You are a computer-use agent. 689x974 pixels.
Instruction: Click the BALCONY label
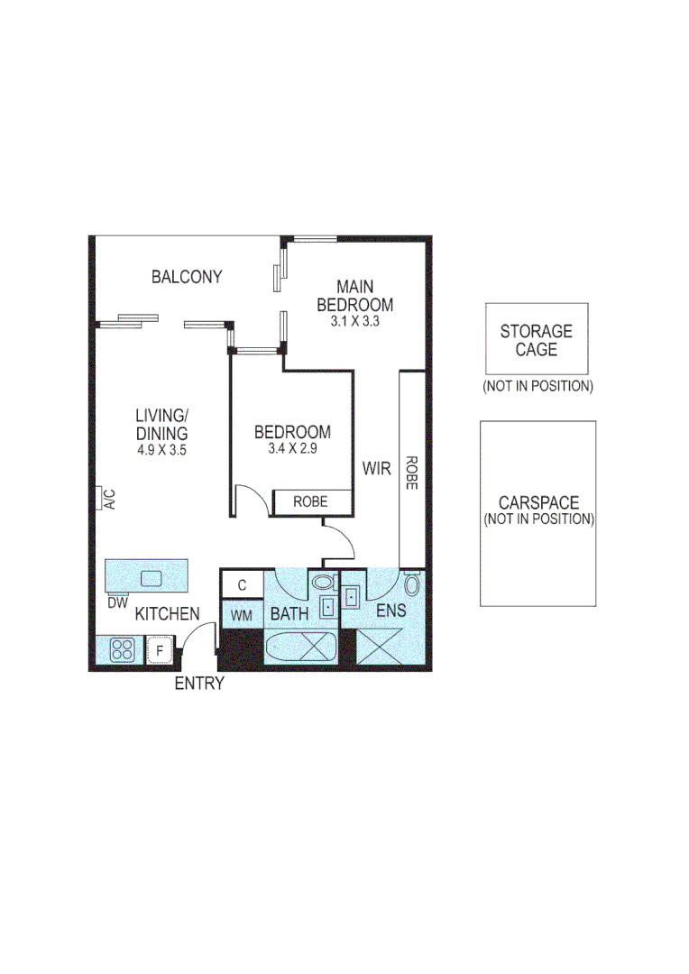pyautogui.click(x=187, y=277)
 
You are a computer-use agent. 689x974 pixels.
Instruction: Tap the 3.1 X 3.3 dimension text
pyautogui.click(x=354, y=319)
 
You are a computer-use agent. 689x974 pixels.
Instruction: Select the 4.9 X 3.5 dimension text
pyautogui.click(x=161, y=449)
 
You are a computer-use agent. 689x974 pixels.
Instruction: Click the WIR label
pyautogui.click(x=376, y=469)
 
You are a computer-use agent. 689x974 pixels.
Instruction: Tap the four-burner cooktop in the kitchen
pyautogui.click(x=122, y=649)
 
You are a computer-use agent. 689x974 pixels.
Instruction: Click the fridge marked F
pyautogui.click(x=159, y=649)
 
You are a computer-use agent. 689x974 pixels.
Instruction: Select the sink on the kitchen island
pyautogui.click(x=150, y=578)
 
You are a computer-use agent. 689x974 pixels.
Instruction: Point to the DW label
pyautogui.click(x=118, y=602)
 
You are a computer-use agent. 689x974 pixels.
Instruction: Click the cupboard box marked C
pyautogui.click(x=242, y=585)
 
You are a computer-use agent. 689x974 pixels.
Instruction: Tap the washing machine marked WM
pyautogui.click(x=242, y=615)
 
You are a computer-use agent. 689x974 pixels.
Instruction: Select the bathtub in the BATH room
pyautogui.click(x=301, y=648)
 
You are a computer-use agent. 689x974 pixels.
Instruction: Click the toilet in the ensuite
pyautogui.click(x=412, y=586)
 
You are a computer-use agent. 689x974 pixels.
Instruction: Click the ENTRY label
pyautogui.click(x=198, y=684)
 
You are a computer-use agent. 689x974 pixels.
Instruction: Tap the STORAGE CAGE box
pyautogui.click(x=536, y=340)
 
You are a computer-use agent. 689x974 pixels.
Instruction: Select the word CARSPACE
pyautogui.click(x=538, y=503)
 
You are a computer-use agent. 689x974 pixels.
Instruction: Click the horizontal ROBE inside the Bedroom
pyautogui.click(x=311, y=501)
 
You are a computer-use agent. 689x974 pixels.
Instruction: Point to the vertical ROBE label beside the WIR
pyautogui.click(x=411, y=472)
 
